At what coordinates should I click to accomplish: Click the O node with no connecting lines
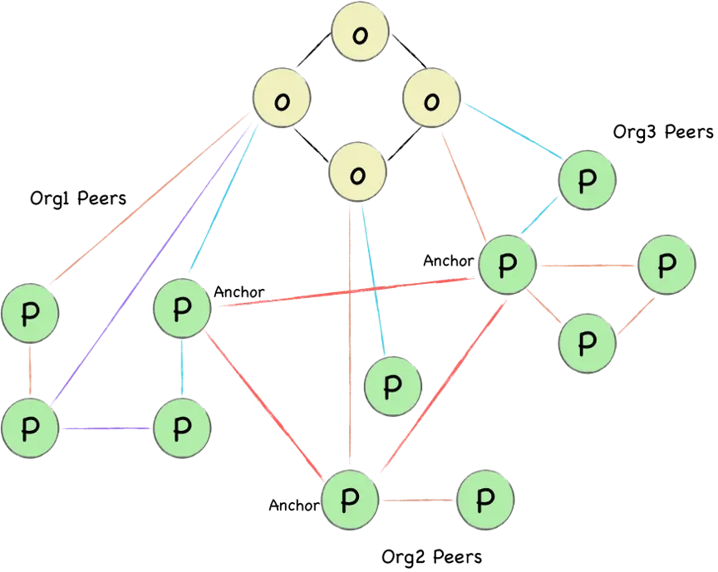[361, 34]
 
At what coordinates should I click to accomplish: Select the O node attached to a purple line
[282, 100]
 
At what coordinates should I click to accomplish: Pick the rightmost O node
[431, 100]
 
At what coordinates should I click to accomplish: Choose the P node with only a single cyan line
[394, 386]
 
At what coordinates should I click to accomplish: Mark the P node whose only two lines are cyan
[587, 181]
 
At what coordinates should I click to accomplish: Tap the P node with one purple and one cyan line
[181, 427]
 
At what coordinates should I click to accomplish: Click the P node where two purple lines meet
[30, 426]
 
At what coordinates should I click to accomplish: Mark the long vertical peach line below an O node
[351, 349]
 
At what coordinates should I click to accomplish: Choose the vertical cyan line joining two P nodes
[183, 369]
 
